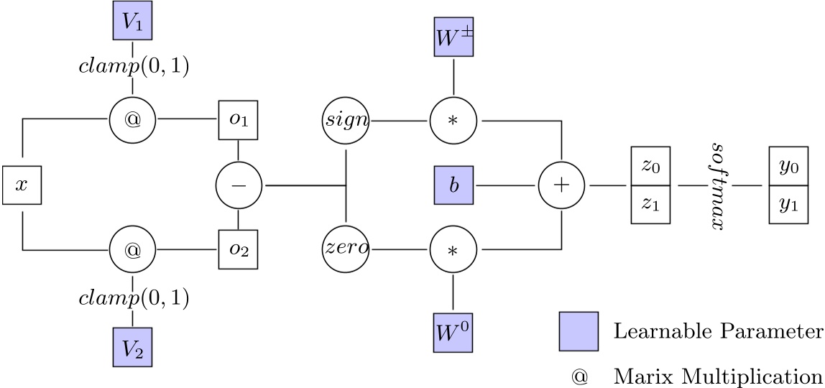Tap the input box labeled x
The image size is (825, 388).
22,185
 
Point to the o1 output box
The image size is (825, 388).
238,120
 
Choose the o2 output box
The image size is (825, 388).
238,250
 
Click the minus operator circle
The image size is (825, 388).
238,185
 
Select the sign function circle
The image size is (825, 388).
346,120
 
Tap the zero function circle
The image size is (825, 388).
346,250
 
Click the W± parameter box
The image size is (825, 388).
453,36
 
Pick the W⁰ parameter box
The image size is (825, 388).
453,333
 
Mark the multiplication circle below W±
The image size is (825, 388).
453,120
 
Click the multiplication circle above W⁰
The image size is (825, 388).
453,250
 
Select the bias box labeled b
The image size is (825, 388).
453,185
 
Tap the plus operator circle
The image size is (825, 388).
561,185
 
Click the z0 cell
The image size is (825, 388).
650,167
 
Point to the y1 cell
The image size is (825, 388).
788,203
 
